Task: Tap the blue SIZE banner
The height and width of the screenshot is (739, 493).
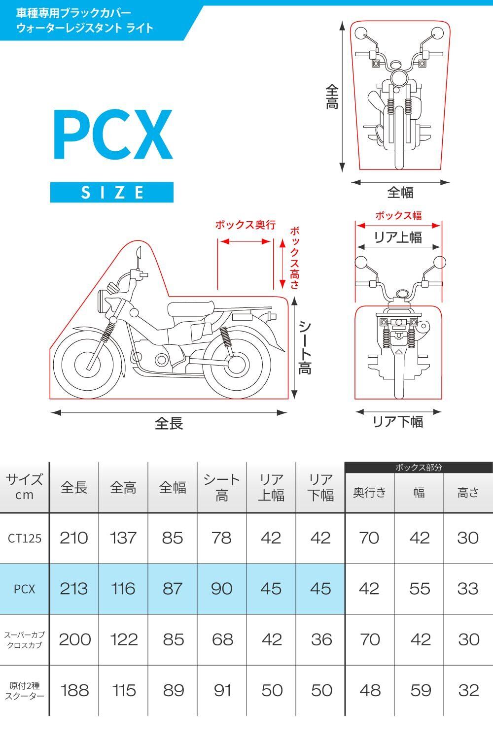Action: pyautogui.click(x=112, y=192)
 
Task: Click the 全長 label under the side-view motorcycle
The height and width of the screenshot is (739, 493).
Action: pyautogui.click(x=169, y=423)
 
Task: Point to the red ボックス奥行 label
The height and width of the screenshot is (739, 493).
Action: pyautogui.click(x=245, y=225)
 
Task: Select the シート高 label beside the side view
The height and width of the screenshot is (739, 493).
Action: pyautogui.click(x=305, y=347)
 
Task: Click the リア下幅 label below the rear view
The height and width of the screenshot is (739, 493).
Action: pyautogui.click(x=398, y=422)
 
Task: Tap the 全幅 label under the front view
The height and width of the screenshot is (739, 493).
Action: pyautogui.click(x=400, y=193)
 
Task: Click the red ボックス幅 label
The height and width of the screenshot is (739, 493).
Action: pyautogui.click(x=398, y=215)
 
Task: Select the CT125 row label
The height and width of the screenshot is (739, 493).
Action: pyautogui.click(x=25, y=538)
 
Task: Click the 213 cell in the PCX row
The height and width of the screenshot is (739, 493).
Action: pyautogui.click(x=74, y=589)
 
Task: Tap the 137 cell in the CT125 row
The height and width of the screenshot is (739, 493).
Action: pyautogui.click(x=123, y=538)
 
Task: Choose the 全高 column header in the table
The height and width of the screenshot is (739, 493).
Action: pyautogui.click(x=123, y=488)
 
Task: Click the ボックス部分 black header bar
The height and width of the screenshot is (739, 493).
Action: pyautogui.click(x=419, y=468)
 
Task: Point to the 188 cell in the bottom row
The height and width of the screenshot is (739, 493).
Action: pyautogui.click(x=74, y=690)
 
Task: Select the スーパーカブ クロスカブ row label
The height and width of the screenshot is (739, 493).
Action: pyautogui.click(x=25, y=639)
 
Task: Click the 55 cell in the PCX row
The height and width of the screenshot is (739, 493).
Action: pyautogui.click(x=420, y=589)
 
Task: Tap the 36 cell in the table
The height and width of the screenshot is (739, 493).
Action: pyautogui.click(x=321, y=639)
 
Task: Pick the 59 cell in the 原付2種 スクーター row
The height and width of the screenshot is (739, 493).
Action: pyautogui.click(x=420, y=690)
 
